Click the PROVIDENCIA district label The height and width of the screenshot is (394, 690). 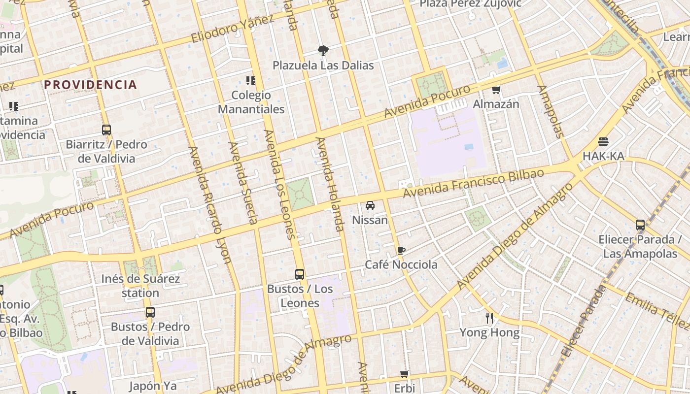[x=90, y=85]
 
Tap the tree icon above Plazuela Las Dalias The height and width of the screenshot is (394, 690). [x=323, y=50]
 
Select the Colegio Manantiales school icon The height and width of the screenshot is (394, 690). [x=251, y=81]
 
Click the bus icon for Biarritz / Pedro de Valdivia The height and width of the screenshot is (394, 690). [x=106, y=130]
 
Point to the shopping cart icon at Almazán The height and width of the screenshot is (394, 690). [x=496, y=90]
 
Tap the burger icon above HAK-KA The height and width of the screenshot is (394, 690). [x=603, y=142]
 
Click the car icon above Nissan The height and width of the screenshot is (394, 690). [x=370, y=205]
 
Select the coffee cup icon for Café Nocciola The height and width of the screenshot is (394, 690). [x=401, y=250]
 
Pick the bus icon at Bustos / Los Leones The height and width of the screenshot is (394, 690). [x=300, y=274]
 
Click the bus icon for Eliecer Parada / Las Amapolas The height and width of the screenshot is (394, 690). [x=640, y=225]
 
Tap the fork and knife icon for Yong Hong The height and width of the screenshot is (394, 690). [x=489, y=318]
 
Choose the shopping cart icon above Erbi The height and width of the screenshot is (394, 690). [x=405, y=374]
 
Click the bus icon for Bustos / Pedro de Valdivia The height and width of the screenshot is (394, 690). [x=150, y=312]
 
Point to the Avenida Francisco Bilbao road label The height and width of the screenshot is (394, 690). [x=473, y=183]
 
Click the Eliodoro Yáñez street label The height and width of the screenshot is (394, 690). [x=232, y=29]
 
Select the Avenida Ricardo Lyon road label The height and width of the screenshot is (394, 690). [x=210, y=204]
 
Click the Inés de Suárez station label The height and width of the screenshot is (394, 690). [x=140, y=286]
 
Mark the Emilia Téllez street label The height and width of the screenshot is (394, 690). [x=657, y=310]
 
